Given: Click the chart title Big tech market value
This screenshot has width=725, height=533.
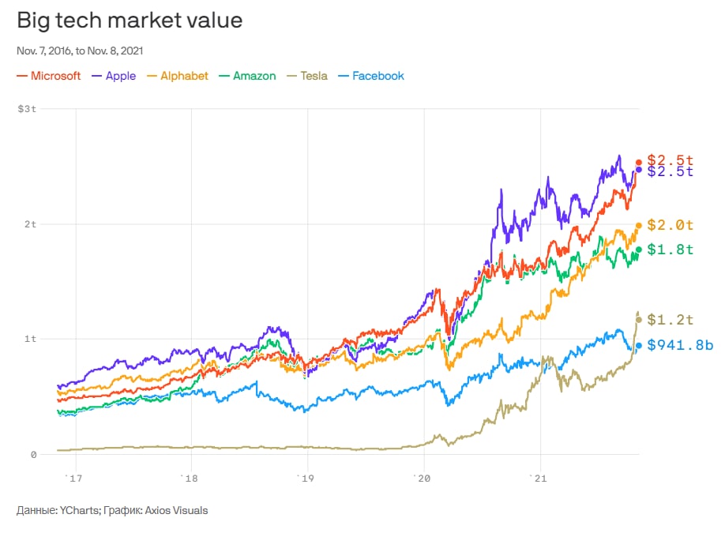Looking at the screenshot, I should point(130,21).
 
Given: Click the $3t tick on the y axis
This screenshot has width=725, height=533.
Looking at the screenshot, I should point(27,108).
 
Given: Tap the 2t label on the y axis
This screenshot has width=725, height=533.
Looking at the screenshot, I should point(31,223).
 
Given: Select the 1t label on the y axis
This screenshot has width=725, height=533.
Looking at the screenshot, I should point(31,339).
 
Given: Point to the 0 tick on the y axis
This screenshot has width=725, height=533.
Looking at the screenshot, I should point(34,454).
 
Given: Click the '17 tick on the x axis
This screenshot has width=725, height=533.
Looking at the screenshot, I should point(75,479).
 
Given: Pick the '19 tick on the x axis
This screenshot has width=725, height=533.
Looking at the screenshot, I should point(307,479).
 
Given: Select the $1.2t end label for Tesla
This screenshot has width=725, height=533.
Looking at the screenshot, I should point(670,320).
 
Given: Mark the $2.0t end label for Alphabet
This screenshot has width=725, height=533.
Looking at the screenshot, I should point(670,225).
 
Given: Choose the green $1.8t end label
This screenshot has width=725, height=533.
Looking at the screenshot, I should point(670,250).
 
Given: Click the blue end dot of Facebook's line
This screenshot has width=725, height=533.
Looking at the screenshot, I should point(638,345).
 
